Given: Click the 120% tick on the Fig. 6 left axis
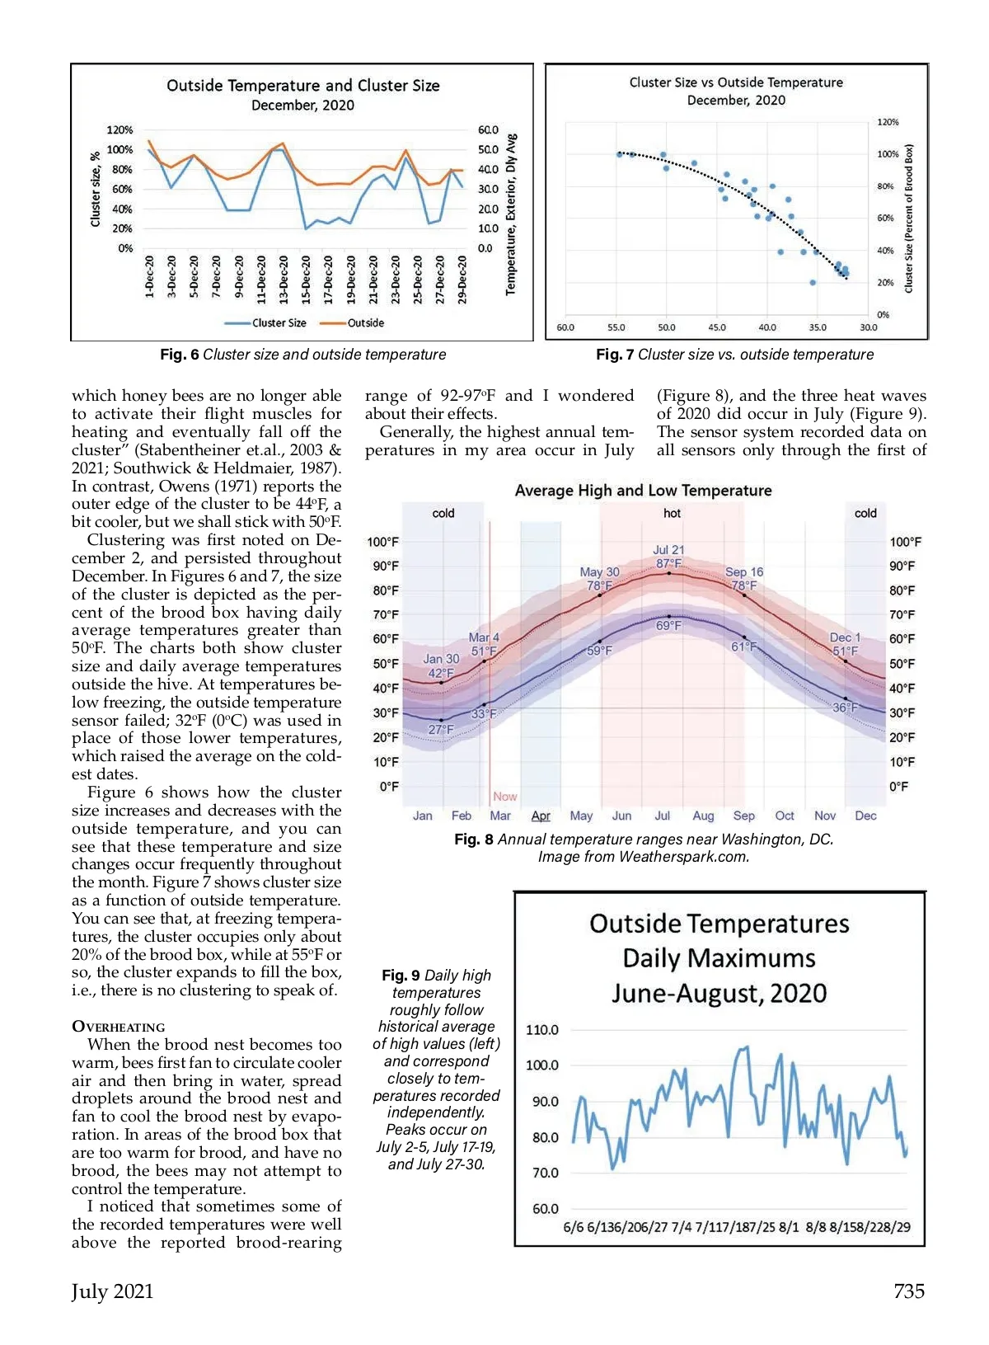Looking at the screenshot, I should click(x=120, y=130).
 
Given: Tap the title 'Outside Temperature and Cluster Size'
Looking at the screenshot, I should click(x=302, y=86).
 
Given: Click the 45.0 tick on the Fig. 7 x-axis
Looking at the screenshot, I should click(x=717, y=327).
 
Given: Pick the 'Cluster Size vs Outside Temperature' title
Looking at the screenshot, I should click(x=736, y=82).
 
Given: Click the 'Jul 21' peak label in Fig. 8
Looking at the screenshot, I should click(x=668, y=550).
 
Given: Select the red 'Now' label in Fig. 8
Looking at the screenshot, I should click(x=505, y=797).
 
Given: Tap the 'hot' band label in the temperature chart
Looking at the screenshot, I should click(x=672, y=513).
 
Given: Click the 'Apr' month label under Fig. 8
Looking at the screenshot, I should click(x=541, y=816).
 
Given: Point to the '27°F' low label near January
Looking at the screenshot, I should click(x=441, y=729).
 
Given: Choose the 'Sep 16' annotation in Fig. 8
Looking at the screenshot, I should click(x=744, y=571).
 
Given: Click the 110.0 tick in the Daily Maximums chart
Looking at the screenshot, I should click(x=542, y=1030).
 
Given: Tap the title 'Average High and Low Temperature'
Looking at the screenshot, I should click(x=643, y=491).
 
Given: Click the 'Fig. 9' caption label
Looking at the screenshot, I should click(x=401, y=976).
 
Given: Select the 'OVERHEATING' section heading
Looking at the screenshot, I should click(x=119, y=1027).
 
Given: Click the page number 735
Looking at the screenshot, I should click(x=908, y=1291).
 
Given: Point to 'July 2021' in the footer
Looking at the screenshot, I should click(x=112, y=1291).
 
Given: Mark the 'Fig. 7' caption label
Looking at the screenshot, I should click(x=614, y=355).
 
